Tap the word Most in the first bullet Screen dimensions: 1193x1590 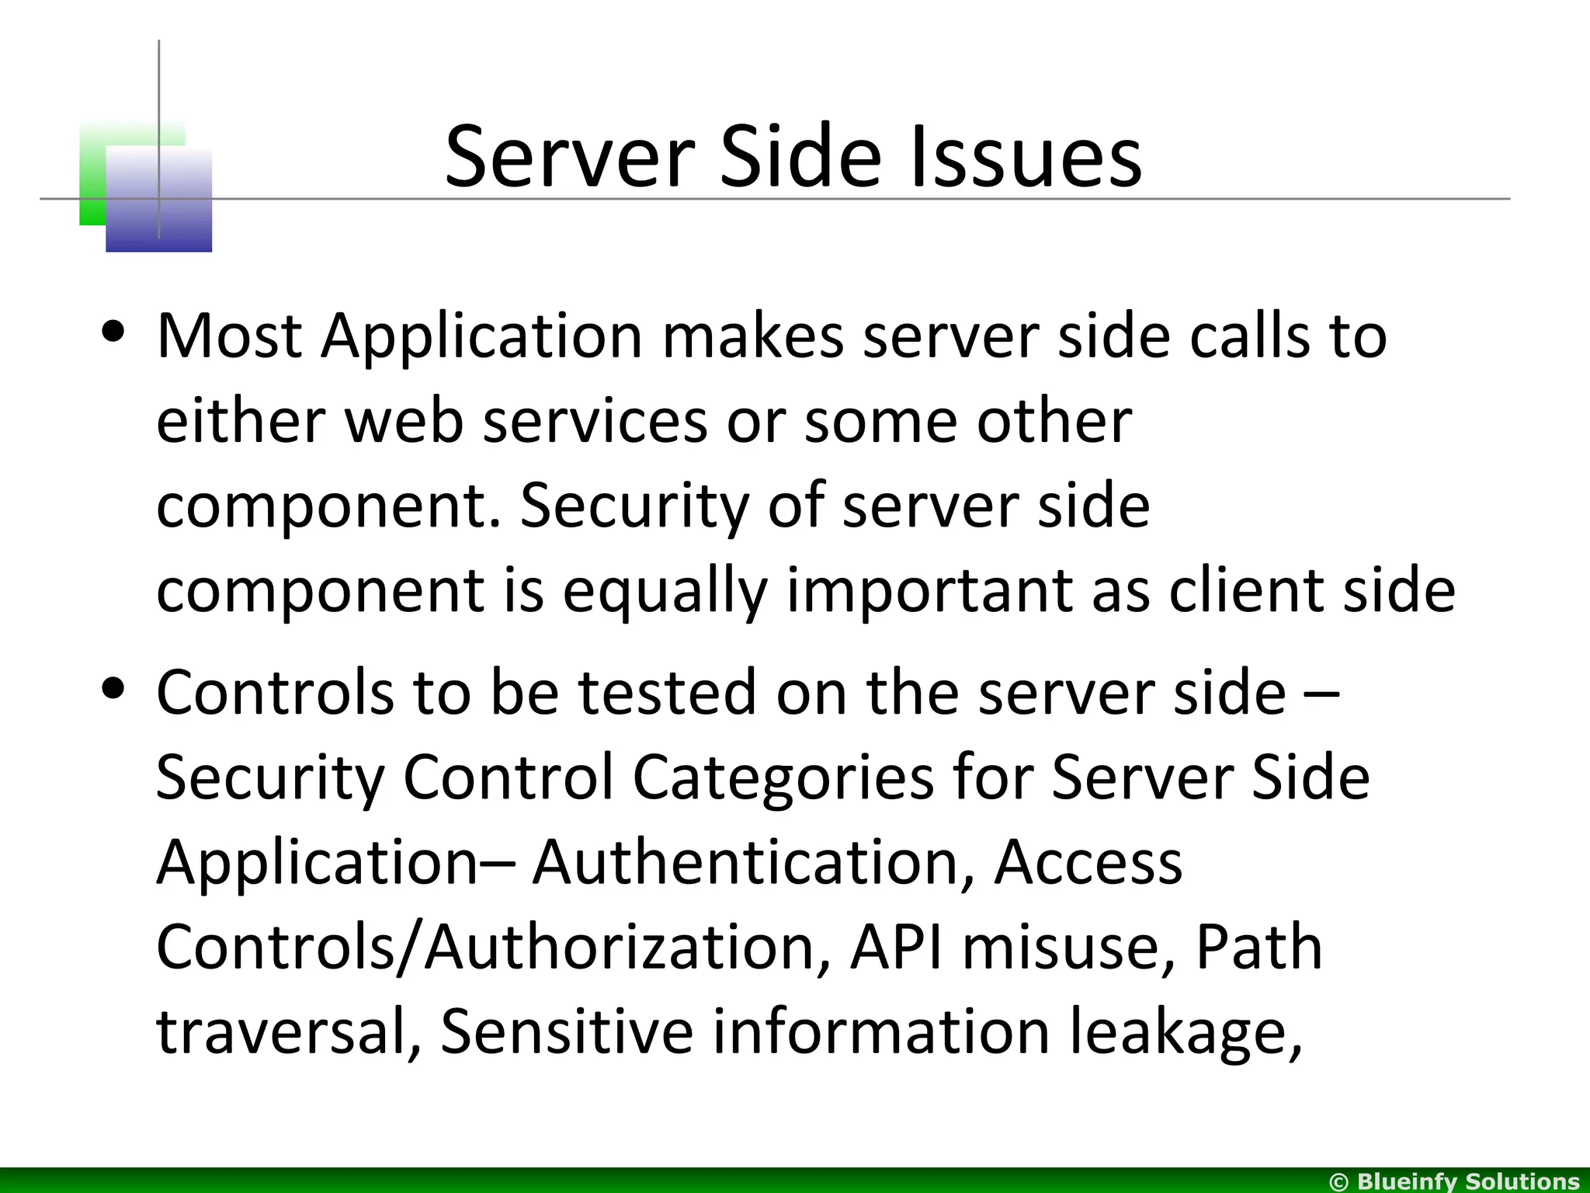click(229, 336)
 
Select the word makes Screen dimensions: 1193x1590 click(752, 336)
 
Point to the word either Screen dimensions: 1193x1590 click(241, 421)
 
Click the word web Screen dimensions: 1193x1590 click(404, 421)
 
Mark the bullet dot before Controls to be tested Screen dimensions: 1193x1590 click(114, 689)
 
